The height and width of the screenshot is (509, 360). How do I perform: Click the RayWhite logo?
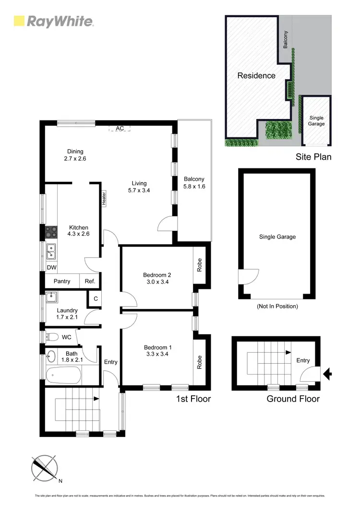click(x=53, y=21)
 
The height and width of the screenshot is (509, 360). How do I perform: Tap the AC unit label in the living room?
click(x=120, y=129)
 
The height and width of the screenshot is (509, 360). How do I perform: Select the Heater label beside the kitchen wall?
click(x=103, y=198)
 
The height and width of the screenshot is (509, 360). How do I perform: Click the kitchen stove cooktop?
click(x=51, y=233)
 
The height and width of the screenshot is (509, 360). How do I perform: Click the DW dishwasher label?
click(x=51, y=268)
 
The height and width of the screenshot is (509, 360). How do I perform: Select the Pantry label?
click(x=62, y=281)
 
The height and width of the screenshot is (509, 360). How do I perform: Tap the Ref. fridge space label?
click(x=90, y=281)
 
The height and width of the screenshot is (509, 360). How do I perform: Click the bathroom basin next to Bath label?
click(x=51, y=356)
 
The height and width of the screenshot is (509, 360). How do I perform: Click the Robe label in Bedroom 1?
click(x=199, y=361)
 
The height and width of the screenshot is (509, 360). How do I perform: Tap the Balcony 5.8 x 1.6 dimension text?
click(x=194, y=186)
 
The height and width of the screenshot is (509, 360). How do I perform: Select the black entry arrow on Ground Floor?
click(x=328, y=373)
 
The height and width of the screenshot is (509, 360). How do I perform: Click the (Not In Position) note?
click(x=277, y=306)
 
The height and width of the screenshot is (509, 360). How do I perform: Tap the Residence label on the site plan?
click(x=256, y=75)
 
